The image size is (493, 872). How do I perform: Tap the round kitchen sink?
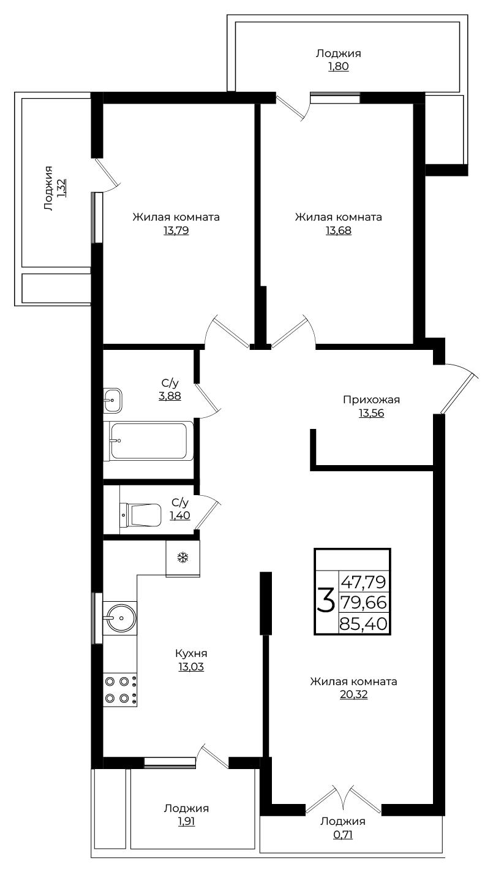pyautogui.click(x=120, y=618)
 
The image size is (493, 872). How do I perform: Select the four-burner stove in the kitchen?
pyautogui.click(x=120, y=689)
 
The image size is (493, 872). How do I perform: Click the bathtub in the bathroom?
pyautogui.click(x=149, y=441)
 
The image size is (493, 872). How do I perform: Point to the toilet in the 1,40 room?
pyautogui.click(x=140, y=515)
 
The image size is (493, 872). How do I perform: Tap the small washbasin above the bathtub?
pyautogui.click(x=113, y=400)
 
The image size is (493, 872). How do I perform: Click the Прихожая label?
pyautogui.click(x=371, y=400)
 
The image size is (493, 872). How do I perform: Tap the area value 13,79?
pyautogui.click(x=176, y=230)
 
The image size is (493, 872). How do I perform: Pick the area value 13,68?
pyautogui.click(x=339, y=230)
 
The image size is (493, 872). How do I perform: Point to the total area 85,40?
pyautogui.click(x=363, y=624)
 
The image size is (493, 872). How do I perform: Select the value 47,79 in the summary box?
pyautogui.click(x=363, y=582)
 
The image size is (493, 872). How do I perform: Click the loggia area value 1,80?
pyautogui.click(x=339, y=66)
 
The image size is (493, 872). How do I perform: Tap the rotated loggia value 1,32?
pyautogui.click(x=61, y=188)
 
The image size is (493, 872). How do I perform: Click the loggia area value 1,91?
pyautogui.click(x=186, y=821)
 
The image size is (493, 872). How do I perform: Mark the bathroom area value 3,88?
pyautogui.click(x=170, y=396)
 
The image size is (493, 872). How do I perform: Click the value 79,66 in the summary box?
pyautogui.click(x=363, y=602)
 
